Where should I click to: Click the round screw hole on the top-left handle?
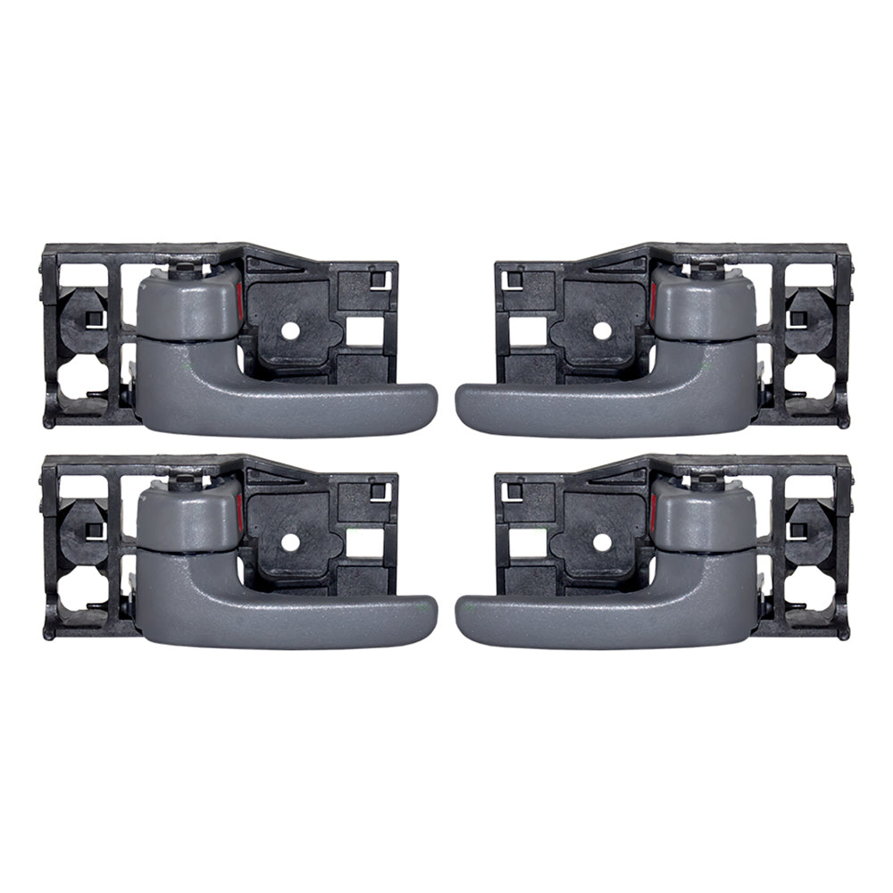(290, 330)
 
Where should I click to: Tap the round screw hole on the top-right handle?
(602, 330)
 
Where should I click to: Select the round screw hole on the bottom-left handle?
(290, 542)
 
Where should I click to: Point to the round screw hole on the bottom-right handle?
(602, 542)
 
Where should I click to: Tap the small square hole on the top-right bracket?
(515, 280)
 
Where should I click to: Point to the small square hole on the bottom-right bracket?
(515, 492)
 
